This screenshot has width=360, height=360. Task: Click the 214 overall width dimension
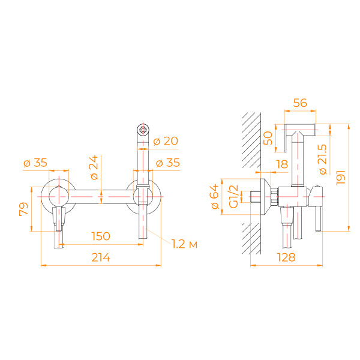click(100, 257)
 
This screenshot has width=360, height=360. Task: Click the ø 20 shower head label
click(166, 142)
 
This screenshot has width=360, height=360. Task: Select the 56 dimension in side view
click(300, 103)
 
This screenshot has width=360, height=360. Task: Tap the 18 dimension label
click(282, 164)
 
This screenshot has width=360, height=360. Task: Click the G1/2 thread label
click(234, 196)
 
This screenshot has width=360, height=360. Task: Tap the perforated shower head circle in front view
click(143, 129)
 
